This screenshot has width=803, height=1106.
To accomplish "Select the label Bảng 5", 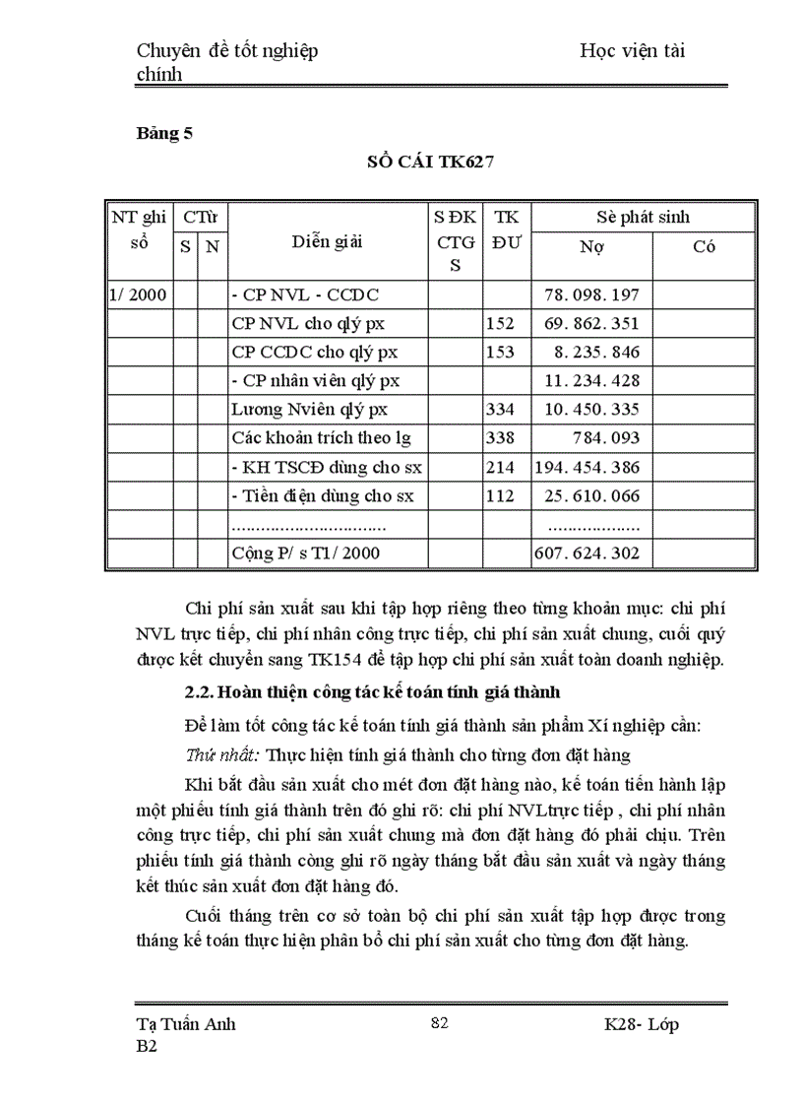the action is [x=163, y=136].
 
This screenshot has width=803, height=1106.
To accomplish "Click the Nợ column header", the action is [x=591, y=247].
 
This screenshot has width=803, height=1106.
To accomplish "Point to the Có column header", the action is [x=704, y=247].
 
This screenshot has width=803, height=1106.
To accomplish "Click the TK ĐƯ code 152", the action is [x=500, y=323].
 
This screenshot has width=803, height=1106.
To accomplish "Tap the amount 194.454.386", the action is [x=587, y=467].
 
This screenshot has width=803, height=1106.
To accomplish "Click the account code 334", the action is [x=500, y=409].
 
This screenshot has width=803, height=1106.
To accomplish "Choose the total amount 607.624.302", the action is [x=587, y=553].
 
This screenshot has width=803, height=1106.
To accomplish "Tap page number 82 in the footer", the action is [x=440, y=1023].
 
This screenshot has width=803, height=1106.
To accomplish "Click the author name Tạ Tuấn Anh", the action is [x=185, y=1024].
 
